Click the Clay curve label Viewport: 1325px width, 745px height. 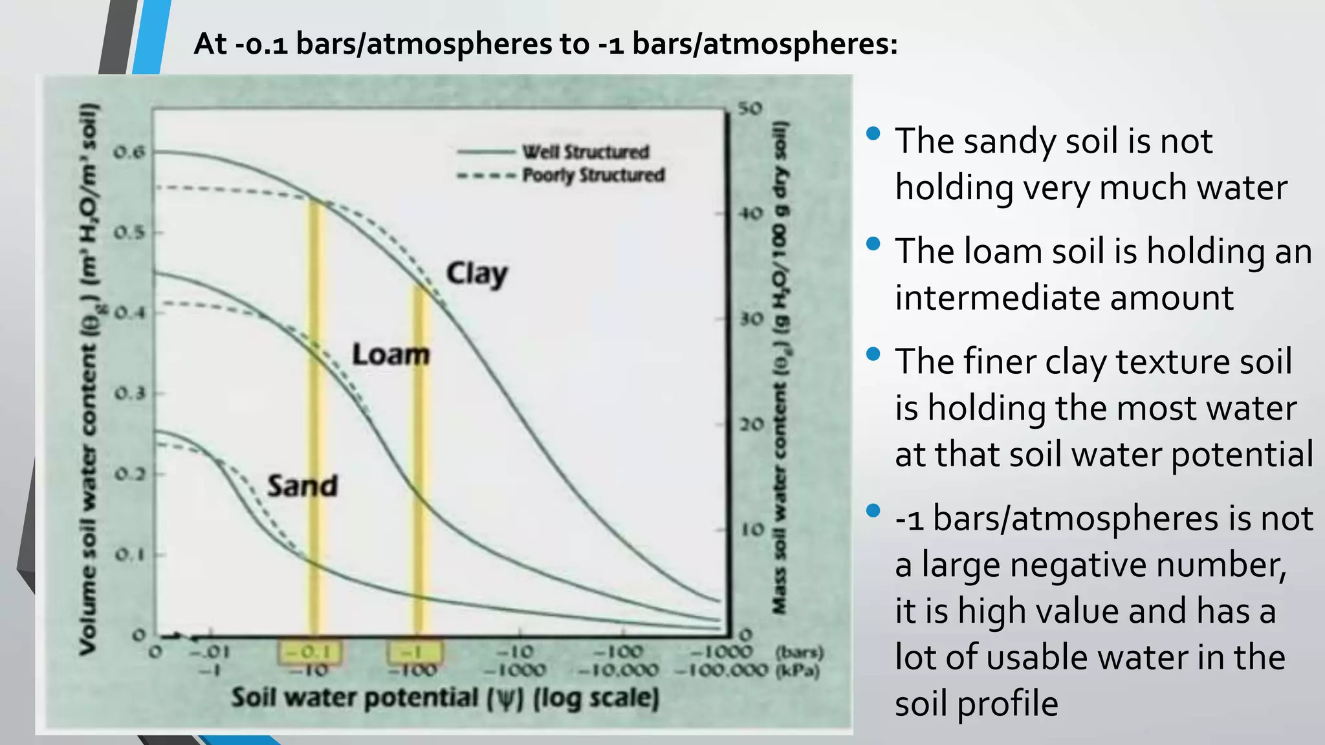[x=477, y=274]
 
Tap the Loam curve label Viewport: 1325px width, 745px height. [x=391, y=354]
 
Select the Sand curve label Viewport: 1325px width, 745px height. [x=303, y=486]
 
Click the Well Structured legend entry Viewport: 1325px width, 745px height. [x=585, y=152]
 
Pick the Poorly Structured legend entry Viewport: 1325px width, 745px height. [x=593, y=175]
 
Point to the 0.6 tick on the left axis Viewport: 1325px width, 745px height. [x=129, y=153]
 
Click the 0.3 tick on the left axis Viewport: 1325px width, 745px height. [x=129, y=394]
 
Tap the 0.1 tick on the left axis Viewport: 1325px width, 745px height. [x=129, y=555]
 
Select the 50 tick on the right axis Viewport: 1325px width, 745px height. [x=750, y=108]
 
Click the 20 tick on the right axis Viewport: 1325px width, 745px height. [x=752, y=425]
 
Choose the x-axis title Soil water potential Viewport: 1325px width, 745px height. [x=445, y=698]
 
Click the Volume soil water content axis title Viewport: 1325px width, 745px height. [x=88, y=378]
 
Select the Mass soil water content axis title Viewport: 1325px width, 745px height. [x=780, y=367]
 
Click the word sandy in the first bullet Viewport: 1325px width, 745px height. [x=1009, y=141]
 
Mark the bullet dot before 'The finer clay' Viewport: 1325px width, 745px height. [x=873, y=354]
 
